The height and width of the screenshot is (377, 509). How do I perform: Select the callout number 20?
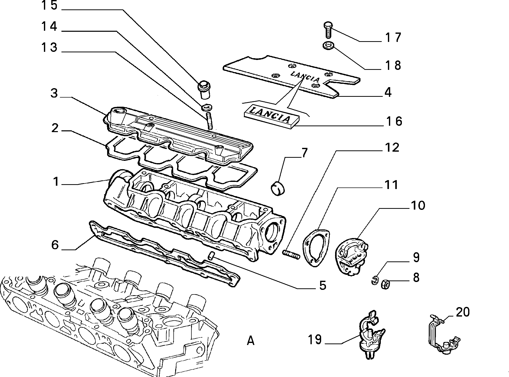[463, 312]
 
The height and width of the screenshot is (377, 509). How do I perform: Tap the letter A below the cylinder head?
[251, 341]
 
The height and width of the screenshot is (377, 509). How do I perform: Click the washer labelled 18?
[329, 46]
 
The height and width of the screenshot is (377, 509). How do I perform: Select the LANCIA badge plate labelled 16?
[272, 115]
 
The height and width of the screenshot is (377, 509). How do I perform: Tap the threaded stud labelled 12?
[291, 254]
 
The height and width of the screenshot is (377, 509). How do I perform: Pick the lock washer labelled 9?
[374, 281]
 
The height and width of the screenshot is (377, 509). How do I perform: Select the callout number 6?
[55, 245]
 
